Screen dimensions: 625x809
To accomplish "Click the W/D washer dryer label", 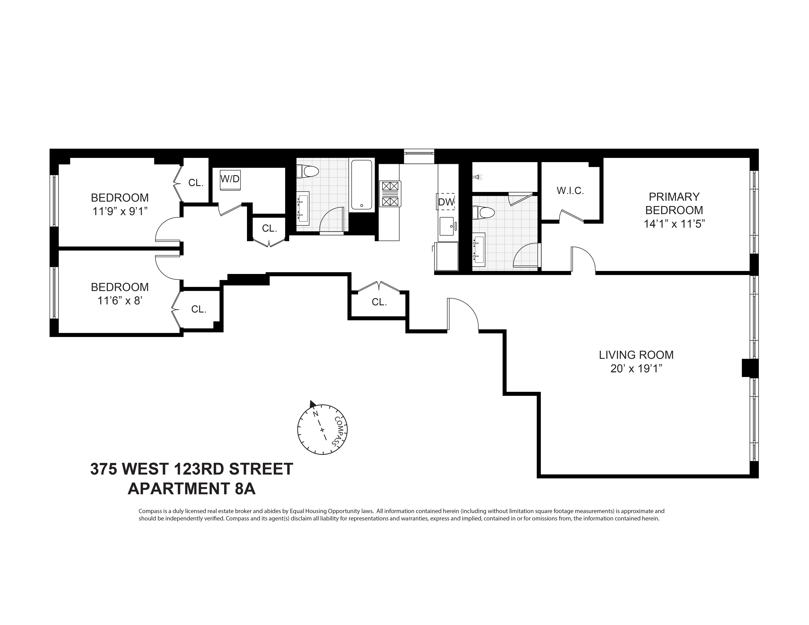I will click(x=230, y=179).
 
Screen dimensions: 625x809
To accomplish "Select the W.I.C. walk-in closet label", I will click(x=570, y=191).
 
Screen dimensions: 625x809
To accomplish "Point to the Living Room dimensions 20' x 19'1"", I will click(x=636, y=369).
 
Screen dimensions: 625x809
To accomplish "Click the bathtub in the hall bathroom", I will click(x=361, y=184).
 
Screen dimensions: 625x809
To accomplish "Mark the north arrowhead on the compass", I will click(x=312, y=404).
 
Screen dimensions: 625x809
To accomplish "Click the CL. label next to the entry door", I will click(x=379, y=302).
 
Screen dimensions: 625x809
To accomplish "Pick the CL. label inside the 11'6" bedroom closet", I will click(x=199, y=309).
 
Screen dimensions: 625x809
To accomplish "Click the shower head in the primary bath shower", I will click(x=478, y=178).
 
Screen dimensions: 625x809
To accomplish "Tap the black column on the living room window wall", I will click(x=750, y=368).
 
